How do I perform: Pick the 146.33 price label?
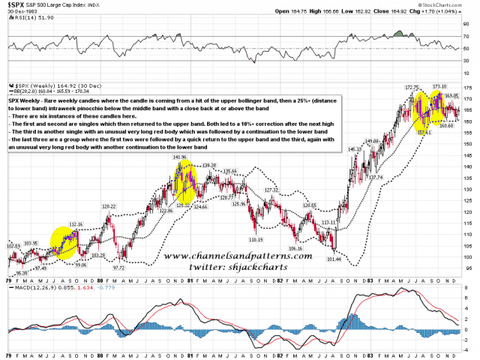point(355,149)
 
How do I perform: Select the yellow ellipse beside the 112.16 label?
point(68,241)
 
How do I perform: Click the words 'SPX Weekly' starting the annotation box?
point(25,99)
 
